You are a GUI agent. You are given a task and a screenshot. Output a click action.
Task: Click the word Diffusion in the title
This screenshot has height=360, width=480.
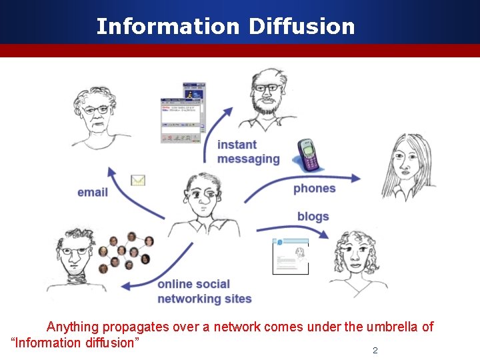(302, 27)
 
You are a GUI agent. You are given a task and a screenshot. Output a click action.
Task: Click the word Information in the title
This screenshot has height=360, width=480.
(167, 27)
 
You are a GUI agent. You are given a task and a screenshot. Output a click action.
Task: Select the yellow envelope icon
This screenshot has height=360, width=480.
(138, 180)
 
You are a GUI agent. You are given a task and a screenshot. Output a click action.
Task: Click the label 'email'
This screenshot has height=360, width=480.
(93, 193)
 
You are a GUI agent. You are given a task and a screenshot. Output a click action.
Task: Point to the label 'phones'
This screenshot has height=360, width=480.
(314, 189)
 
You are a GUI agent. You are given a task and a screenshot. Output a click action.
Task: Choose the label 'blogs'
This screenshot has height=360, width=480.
(313, 217)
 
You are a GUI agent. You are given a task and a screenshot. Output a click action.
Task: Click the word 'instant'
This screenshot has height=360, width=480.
(237, 145)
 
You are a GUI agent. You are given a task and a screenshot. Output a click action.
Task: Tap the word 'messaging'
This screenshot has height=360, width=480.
(248, 159)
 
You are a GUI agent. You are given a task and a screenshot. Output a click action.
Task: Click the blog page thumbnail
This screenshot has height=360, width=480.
(291, 257)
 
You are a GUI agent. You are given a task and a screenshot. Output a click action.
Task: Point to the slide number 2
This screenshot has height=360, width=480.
(375, 351)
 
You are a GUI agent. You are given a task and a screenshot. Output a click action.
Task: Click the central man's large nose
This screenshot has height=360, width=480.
(207, 197)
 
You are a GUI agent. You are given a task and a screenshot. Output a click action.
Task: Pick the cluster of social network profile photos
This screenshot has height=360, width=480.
(126, 252)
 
